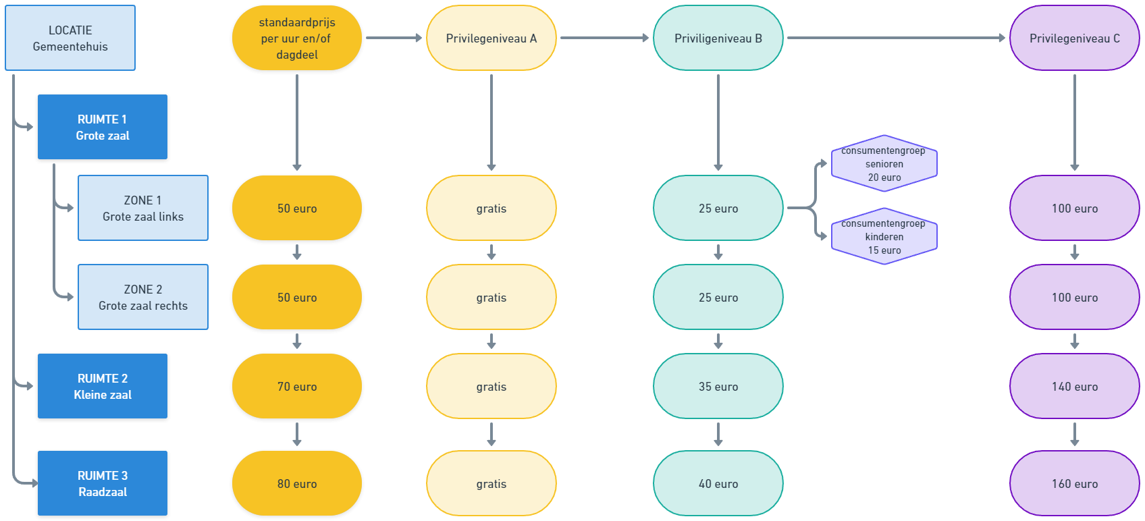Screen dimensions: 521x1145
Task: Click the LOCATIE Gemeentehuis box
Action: coord(70,38)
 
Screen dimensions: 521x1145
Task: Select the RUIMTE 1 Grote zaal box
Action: coord(103,128)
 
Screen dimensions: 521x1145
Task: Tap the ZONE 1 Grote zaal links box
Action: coord(143,208)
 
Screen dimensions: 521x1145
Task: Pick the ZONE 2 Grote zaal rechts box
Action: coord(143,297)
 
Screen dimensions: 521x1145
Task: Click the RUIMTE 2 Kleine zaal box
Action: coord(103,387)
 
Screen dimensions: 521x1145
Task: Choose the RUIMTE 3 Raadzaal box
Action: coord(103,484)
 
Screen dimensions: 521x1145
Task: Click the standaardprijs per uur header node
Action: coord(297,38)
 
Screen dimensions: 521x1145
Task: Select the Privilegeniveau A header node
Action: coord(491,38)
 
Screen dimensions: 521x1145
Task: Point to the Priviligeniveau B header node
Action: coord(718,38)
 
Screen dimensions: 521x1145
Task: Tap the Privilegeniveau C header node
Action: coord(1075,38)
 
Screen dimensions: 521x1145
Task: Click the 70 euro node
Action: coord(297,387)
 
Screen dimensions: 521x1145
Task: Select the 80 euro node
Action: coord(297,484)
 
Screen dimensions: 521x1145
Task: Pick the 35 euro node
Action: coord(718,387)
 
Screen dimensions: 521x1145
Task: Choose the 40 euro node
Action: coord(718,484)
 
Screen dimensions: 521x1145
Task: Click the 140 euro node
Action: coord(1075,387)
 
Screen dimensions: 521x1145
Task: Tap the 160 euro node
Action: coord(1075,484)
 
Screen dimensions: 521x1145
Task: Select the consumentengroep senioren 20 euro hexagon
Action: coord(884,164)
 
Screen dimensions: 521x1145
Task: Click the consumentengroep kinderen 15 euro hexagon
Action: coord(884,237)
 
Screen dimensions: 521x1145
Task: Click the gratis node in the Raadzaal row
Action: coord(491,484)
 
